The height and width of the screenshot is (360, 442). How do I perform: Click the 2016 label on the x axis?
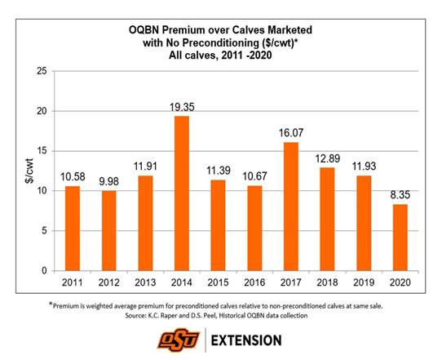point(254,282)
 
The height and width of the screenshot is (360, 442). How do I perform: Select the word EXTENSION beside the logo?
point(254,336)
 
